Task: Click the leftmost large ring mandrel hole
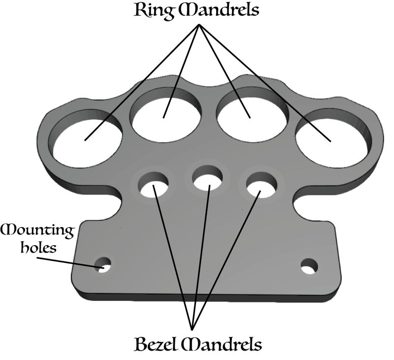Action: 88,140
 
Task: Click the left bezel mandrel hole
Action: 153,186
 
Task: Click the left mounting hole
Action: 104,266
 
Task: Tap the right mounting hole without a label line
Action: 309,267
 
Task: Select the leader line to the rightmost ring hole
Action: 266,83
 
